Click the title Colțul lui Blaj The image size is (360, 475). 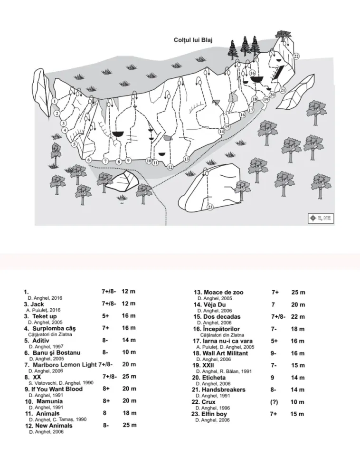tap(193, 40)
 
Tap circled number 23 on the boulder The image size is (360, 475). tap(210, 207)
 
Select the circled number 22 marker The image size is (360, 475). tap(296, 56)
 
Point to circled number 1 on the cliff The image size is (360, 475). tap(55, 101)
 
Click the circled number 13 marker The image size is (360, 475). tap(186, 159)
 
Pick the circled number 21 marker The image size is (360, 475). tap(283, 90)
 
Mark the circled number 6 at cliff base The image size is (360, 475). tap(89, 160)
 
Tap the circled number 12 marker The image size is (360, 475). tap(170, 167)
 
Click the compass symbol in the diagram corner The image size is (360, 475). tap(313, 218)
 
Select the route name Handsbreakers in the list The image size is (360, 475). tap(223, 389)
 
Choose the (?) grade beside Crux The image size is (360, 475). tap(274, 402)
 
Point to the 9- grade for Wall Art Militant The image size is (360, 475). tap(274, 353)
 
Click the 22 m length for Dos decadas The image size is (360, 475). tap(298, 317)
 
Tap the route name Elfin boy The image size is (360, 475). tap(214, 414)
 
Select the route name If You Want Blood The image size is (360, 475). tap(57, 389)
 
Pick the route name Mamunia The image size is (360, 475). tap(50, 401)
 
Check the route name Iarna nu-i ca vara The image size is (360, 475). tap(227, 341)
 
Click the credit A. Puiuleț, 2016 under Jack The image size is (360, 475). tap(44, 310)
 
